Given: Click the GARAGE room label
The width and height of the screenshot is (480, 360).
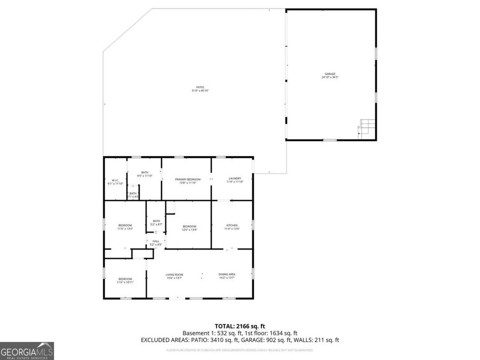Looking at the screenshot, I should click(x=331, y=74).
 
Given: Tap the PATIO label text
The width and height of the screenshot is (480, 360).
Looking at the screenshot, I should click(x=199, y=87).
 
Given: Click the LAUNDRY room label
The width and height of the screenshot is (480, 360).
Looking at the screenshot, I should click(x=235, y=179).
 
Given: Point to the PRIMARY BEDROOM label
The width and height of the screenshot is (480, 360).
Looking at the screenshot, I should click(x=188, y=179).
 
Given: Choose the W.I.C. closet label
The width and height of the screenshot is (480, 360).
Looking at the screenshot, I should click(x=115, y=180).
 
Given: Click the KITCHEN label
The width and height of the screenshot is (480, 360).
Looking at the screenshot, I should click(x=232, y=226).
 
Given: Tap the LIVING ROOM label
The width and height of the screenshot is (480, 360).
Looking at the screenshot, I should click(x=175, y=275).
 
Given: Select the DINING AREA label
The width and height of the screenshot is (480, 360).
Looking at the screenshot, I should click(x=227, y=275).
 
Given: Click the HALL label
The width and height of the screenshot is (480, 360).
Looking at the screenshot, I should click(x=156, y=242).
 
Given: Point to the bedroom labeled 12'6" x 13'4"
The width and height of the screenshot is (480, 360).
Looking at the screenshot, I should click(x=189, y=228).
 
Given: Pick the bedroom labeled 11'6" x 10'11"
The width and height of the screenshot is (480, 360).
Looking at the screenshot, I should click(x=125, y=281).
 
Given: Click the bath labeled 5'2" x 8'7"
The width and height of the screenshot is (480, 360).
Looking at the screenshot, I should click(x=156, y=223).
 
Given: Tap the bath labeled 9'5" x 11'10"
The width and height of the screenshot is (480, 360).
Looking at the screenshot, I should click(x=145, y=174).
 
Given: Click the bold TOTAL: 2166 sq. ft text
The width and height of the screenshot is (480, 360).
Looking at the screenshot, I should click(x=239, y=325).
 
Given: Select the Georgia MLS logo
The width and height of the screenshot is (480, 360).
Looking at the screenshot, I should click(x=27, y=351).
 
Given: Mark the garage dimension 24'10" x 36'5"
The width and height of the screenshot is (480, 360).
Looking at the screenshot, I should click(x=331, y=77).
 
